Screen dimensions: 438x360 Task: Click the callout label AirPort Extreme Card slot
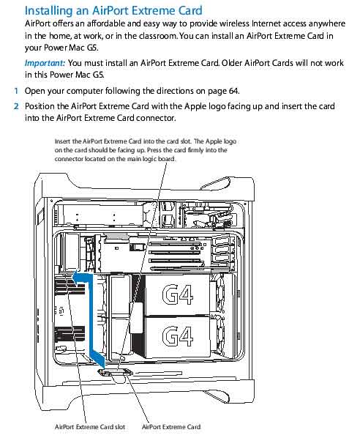tap(90, 426)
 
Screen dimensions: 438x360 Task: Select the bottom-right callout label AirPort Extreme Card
tap(170, 426)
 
